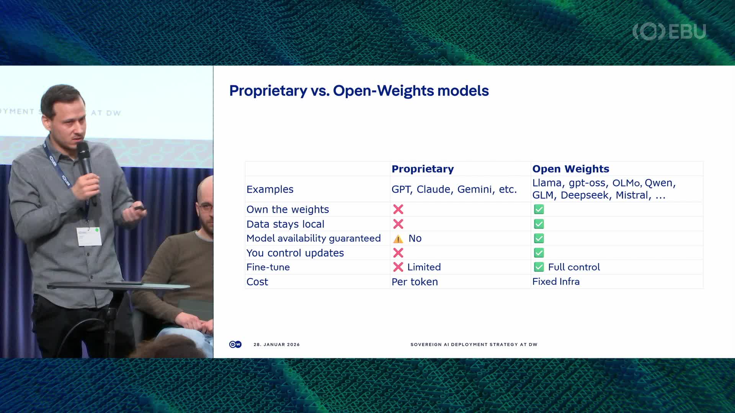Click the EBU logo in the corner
click(x=669, y=31)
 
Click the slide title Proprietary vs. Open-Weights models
click(x=359, y=91)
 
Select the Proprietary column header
click(x=423, y=169)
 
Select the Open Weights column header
click(x=570, y=169)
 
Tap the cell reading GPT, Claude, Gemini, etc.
click(x=454, y=189)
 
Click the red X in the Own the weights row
click(x=398, y=209)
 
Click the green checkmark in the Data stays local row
click(x=539, y=224)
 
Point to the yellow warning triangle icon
click(x=398, y=239)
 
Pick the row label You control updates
click(x=295, y=253)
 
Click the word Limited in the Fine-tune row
click(x=424, y=267)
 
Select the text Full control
click(x=573, y=267)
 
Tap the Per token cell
click(x=415, y=282)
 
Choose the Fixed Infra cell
click(x=556, y=281)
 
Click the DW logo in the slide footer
click(x=235, y=345)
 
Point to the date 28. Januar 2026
click(x=276, y=345)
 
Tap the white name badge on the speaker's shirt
click(x=89, y=236)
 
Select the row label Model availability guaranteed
click(x=313, y=238)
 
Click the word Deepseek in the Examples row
click(x=584, y=195)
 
